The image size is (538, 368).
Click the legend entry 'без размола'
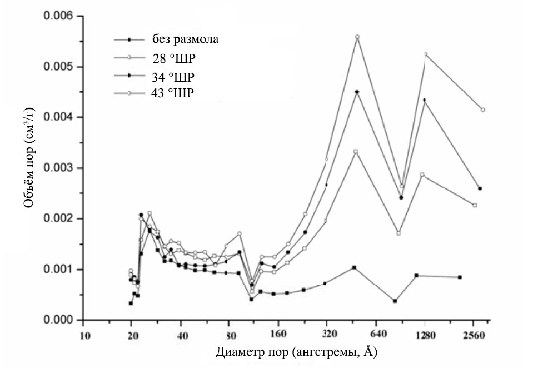(x=187, y=39)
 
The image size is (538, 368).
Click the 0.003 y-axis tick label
(x=59, y=168)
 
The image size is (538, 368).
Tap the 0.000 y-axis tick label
(x=59, y=320)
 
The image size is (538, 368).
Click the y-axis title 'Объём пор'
(x=29, y=167)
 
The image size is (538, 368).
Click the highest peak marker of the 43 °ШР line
(x=357, y=37)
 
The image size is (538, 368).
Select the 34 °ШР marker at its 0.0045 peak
(x=357, y=92)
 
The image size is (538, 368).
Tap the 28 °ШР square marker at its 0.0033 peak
(x=356, y=151)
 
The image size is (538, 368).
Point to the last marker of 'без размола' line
(x=460, y=277)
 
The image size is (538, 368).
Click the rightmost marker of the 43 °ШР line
(x=482, y=110)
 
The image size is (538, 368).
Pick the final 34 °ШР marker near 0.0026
(x=480, y=188)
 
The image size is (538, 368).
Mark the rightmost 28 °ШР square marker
(x=475, y=205)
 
